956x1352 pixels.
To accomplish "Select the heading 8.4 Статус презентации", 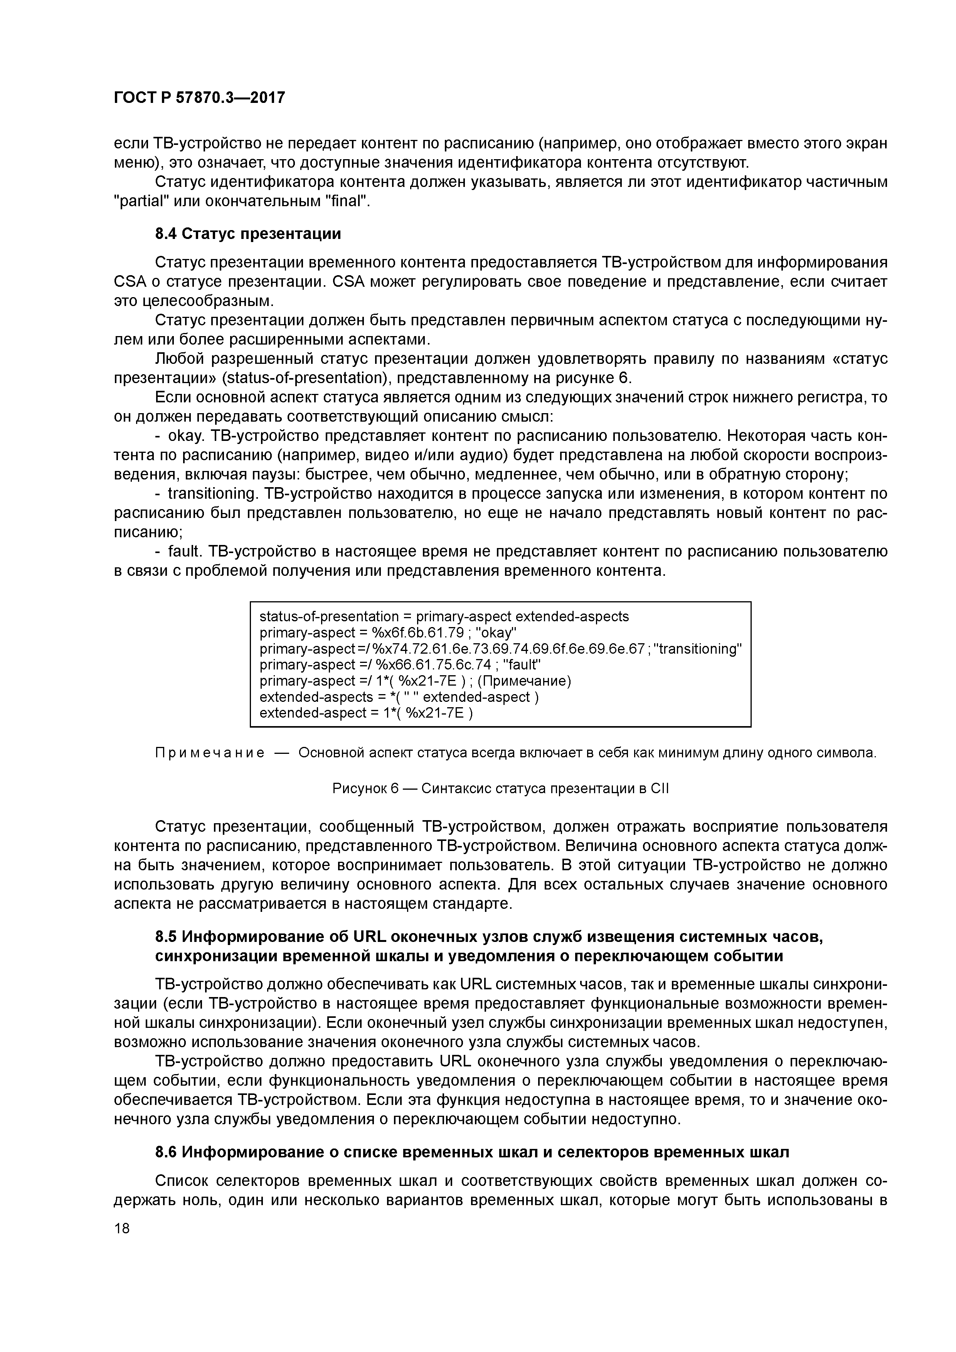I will coord(248,234).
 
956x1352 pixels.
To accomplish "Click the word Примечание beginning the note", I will coord(209,753).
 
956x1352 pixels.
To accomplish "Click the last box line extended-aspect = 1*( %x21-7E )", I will coord(366,713).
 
